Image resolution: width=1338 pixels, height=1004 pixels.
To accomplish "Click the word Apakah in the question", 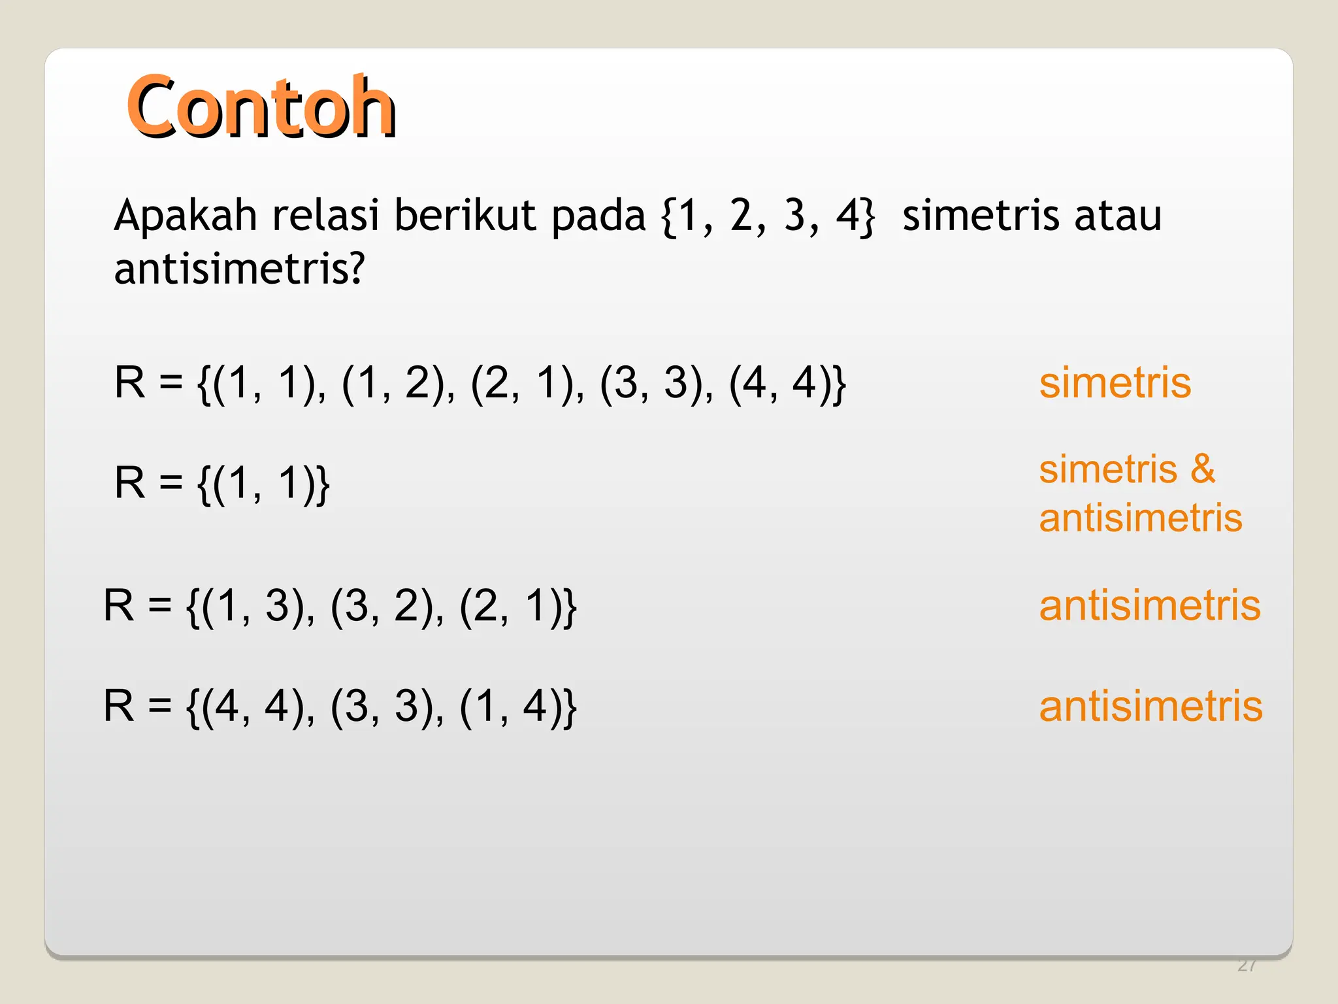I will tap(186, 216).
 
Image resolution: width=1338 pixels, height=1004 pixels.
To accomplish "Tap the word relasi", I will tap(325, 216).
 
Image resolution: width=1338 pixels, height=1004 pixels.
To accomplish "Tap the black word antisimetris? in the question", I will tap(238, 269).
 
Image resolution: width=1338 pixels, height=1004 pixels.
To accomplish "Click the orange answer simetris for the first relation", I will tap(1115, 383).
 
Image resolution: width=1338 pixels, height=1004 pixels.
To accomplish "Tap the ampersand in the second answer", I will tap(1202, 469).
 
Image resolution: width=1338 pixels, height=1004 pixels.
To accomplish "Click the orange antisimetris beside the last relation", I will tap(1150, 707).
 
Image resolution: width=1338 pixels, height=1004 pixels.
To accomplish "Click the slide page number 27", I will tap(1247, 965).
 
